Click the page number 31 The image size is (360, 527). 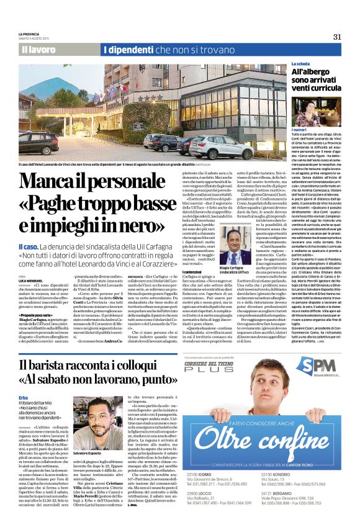point(337,37)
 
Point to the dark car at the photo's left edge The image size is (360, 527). point(39,142)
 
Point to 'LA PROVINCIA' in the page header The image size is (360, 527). point(29,34)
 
